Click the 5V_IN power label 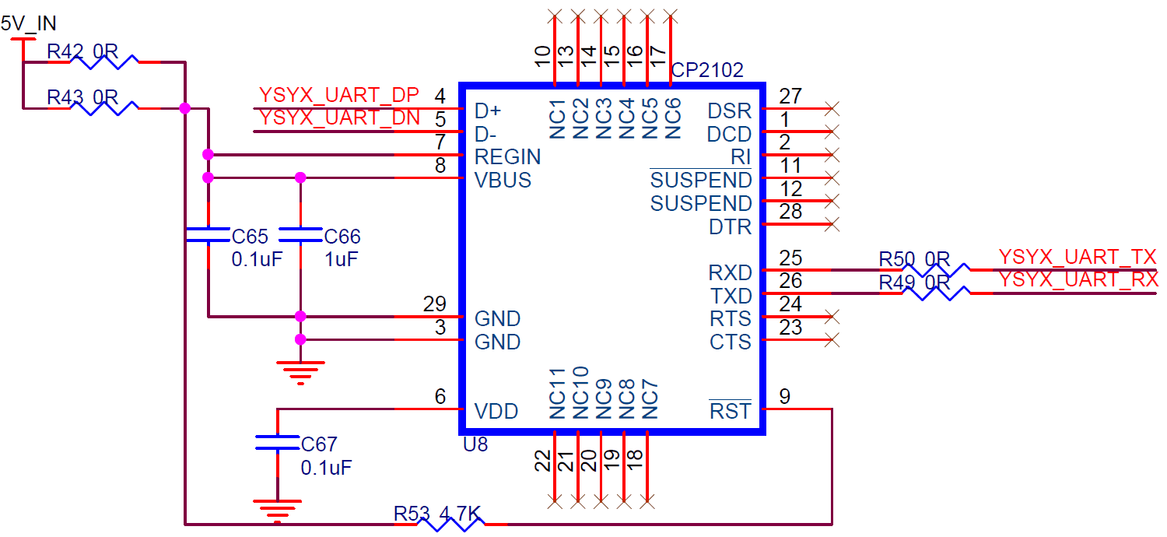29,23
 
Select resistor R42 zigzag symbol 104,62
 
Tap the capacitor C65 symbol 209,234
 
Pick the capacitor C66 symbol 300,234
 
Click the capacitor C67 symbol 277,442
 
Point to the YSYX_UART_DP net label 339,95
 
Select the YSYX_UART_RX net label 1078,280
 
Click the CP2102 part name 707,70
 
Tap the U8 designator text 475,444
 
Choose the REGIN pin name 507,157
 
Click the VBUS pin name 503,181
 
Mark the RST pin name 730,412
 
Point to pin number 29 434,304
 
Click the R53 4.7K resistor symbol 451,524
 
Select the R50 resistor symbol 936,270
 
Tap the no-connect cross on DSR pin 832,108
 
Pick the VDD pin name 496,412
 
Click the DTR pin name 730,227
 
